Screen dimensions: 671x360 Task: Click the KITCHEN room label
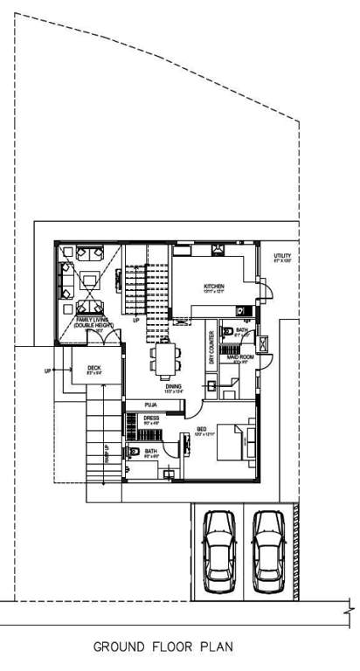click(214, 287)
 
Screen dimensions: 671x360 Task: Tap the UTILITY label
click(282, 256)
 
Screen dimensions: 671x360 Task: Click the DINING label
click(173, 384)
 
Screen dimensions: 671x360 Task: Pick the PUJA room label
click(149, 405)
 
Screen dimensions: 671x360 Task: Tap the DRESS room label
click(150, 419)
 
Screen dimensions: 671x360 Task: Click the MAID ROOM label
click(240, 357)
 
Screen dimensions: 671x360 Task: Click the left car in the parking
click(216, 552)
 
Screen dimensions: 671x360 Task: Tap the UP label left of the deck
click(47, 370)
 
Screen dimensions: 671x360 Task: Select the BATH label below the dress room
click(150, 451)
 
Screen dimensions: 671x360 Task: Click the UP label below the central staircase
click(135, 320)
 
